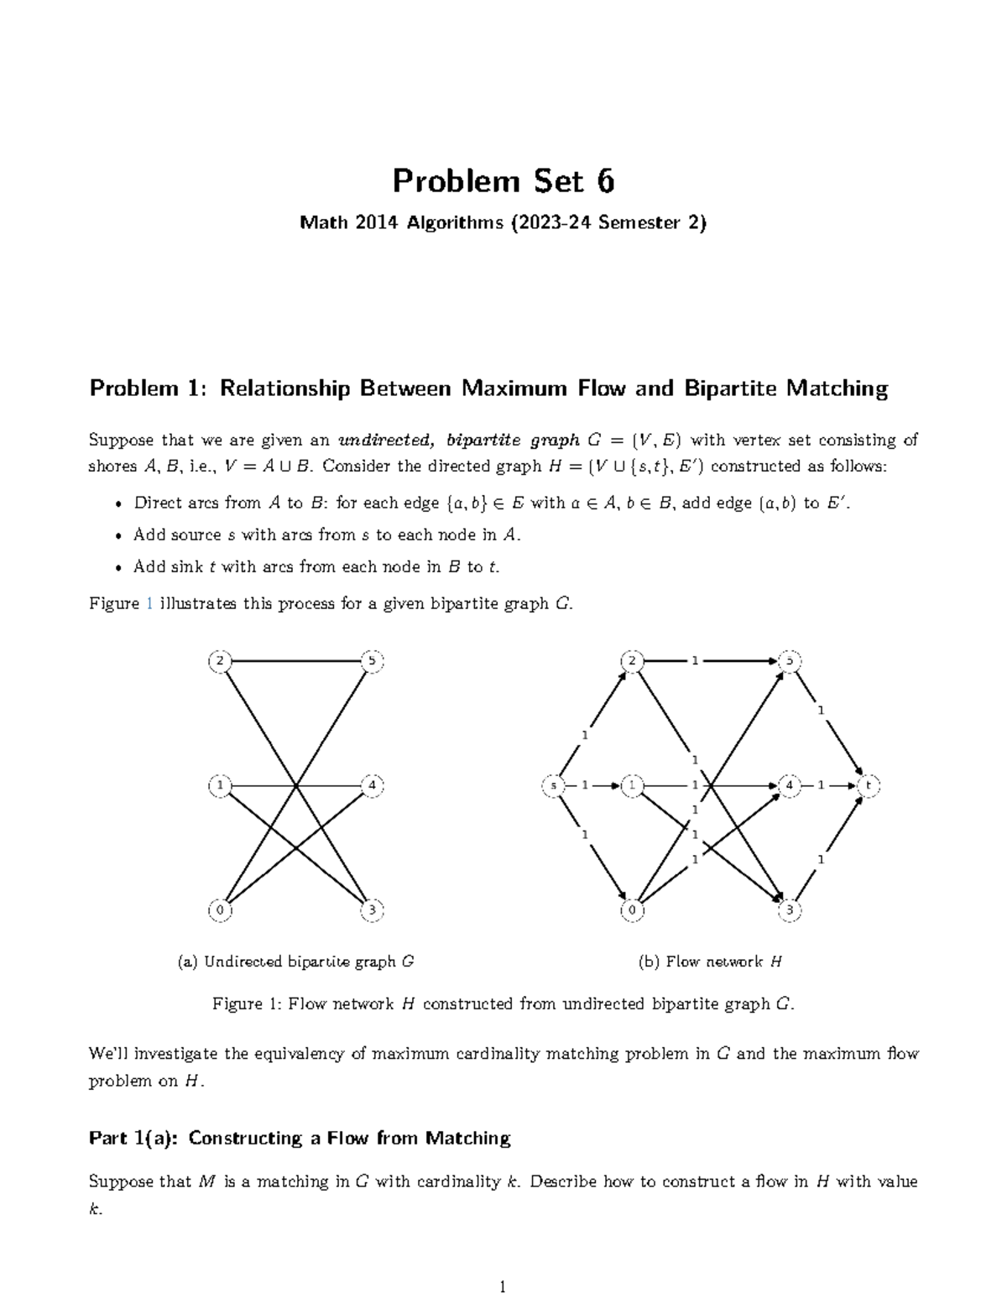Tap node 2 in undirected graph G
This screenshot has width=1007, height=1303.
click(219, 661)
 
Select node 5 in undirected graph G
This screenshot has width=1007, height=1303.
click(372, 661)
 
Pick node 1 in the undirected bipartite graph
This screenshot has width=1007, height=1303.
click(219, 786)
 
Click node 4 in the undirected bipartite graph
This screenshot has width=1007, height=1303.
click(372, 786)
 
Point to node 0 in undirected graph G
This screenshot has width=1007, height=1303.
click(219, 910)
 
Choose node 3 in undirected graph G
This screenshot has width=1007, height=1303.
click(372, 910)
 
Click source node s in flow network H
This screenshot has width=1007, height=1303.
click(553, 786)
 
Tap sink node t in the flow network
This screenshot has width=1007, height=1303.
click(869, 786)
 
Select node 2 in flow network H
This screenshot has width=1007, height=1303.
click(632, 661)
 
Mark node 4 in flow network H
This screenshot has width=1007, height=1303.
click(789, 786)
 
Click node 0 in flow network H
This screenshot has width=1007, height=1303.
click(632, 910)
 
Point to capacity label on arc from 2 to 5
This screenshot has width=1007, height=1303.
click(694, 661)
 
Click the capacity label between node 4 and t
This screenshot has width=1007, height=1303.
click(821, 786)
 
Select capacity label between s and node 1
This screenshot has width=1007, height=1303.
click(585, 786)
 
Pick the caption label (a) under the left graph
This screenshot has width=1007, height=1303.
click(187, 962)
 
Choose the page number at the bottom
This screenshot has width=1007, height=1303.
click(503, 1286)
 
